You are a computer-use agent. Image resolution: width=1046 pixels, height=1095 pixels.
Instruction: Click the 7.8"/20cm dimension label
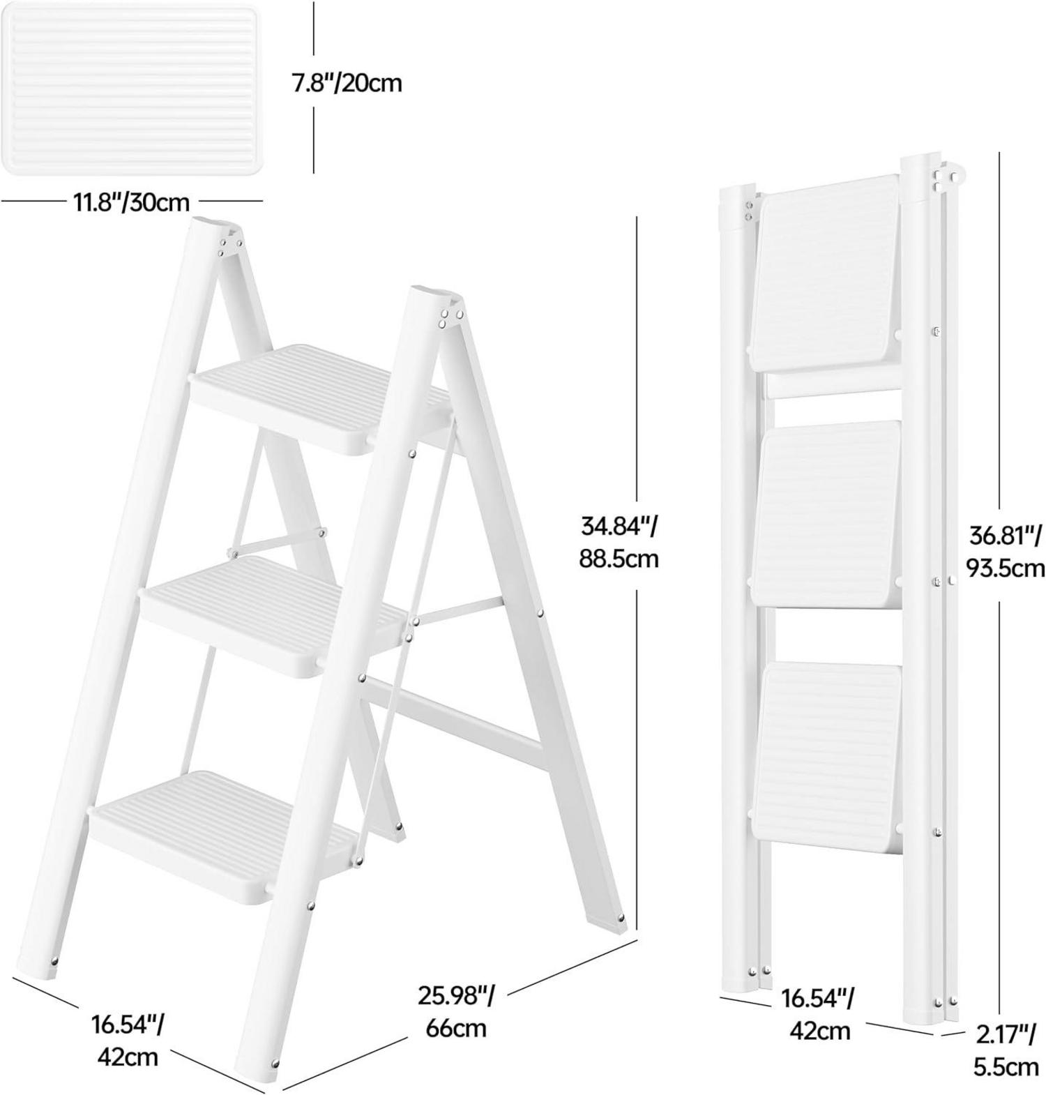pos(347,83)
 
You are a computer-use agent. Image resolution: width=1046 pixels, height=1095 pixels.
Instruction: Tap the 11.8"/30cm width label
pos(131,202)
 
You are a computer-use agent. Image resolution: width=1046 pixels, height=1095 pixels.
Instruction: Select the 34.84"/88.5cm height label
pos(619,542)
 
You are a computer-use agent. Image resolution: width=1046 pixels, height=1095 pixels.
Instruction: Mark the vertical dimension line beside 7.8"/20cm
pos(314,88)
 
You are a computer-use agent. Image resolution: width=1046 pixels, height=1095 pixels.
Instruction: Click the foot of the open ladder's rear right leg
pos(616,922)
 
